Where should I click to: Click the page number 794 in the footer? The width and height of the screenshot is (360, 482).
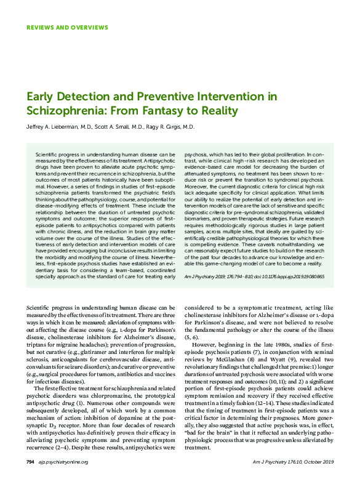pyautogui.click(x=30, y=462)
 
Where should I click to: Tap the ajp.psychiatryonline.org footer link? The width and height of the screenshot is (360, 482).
pyautogui.click(x=60, y=462)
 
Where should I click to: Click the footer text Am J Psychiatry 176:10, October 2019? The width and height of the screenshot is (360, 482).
pyautogui.click(x=294, y=462)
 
